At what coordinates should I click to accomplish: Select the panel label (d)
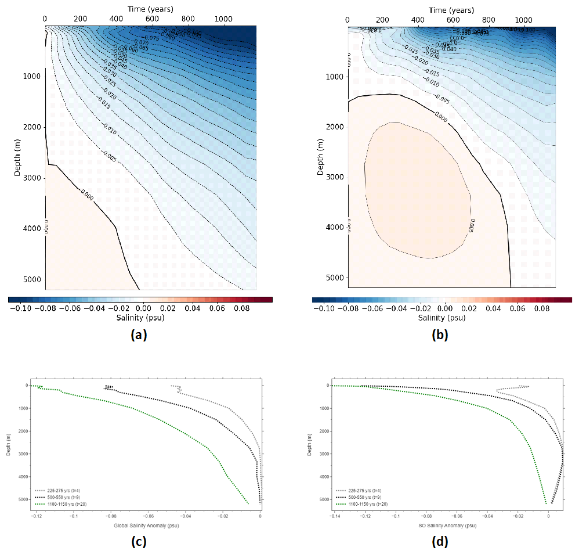click(439, 542)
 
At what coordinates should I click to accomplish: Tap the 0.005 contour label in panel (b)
click(468, 223)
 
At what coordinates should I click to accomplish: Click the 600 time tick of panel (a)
click(151, 19)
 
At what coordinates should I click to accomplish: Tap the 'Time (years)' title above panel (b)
click(451, 10)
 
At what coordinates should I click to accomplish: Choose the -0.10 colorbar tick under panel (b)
click(323, 308)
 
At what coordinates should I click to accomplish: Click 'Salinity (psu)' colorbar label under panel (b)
click(442, 318)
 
